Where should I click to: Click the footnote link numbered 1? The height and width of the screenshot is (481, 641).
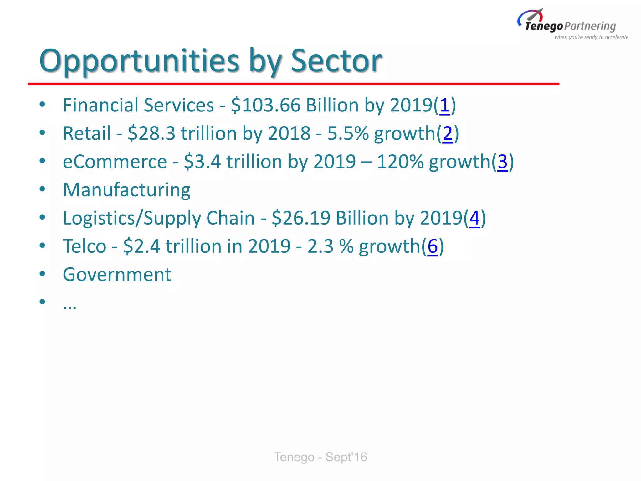(445, 105)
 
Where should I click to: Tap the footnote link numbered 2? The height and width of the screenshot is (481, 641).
(448, 133)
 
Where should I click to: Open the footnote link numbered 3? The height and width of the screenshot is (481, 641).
(502, 162)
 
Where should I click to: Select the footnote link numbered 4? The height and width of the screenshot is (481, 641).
(474, 218)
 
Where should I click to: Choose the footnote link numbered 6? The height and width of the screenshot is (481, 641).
(433, 246)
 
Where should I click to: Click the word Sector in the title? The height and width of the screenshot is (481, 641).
(336, 61)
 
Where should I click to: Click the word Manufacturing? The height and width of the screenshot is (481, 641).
(127, 190)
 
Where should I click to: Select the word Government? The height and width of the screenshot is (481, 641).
(117, 275)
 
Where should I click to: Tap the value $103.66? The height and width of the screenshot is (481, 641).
(266, 105)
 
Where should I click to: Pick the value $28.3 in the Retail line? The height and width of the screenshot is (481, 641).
(151, 133)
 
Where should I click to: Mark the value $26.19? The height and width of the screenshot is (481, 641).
(301, 218)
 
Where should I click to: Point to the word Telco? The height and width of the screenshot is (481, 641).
(85, 246)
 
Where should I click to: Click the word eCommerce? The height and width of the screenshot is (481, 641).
(115, 162)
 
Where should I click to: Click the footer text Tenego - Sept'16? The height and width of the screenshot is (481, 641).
(320, 457)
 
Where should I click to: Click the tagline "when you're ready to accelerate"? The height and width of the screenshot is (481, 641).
(591, 37)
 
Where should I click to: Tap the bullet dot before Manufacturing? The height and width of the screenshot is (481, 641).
(42, 189)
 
